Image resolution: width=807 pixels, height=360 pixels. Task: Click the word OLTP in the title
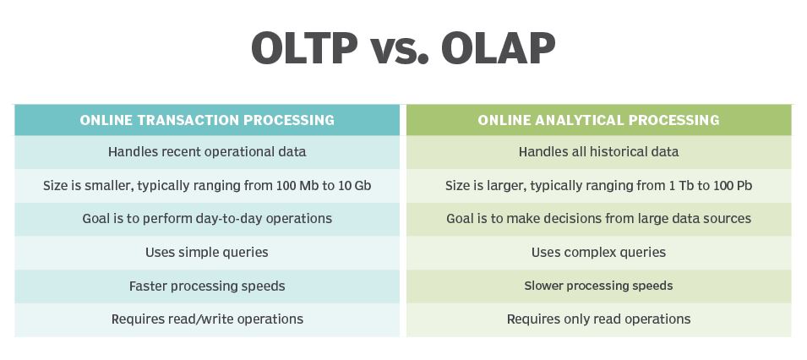304,48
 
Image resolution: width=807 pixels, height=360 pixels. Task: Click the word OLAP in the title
499,48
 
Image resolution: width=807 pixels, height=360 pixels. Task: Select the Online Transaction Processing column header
207,120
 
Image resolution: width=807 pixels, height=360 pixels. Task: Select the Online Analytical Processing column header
598,120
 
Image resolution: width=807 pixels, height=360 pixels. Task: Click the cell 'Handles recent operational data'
207,152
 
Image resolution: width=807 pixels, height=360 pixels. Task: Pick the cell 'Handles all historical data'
598,152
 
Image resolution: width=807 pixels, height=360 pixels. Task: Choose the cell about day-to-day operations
207,218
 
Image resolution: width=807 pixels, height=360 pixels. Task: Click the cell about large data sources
598,218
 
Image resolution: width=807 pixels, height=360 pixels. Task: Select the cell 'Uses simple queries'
207,253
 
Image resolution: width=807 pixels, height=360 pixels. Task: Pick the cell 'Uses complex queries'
598,253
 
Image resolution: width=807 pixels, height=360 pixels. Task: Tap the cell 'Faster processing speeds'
207,286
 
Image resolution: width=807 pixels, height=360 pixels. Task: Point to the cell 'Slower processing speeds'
598,286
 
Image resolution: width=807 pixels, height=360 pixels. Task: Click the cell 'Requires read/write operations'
207,319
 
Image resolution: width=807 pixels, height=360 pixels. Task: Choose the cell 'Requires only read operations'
598,319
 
